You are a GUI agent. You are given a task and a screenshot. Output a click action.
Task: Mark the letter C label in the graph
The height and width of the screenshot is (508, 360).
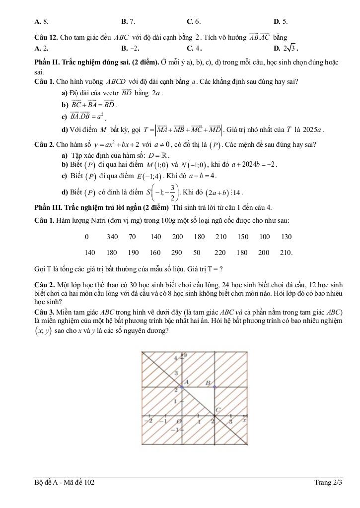point(217,410)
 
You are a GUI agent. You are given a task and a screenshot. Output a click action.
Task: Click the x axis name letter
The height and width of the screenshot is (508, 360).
point(244,420)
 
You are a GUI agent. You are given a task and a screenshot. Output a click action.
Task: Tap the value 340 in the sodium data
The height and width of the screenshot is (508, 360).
point(112,237)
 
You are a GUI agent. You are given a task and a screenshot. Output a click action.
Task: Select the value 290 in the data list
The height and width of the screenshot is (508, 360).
point(177,253)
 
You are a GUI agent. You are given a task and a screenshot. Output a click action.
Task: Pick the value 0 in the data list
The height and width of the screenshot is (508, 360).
point(87,237)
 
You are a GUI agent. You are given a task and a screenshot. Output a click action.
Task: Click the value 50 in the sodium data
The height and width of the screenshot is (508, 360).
point(197,253)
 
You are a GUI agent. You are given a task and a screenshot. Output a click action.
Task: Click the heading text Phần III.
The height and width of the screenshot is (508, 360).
point(44,207)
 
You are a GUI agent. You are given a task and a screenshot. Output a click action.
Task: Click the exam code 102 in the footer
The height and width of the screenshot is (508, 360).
point(89,482)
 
